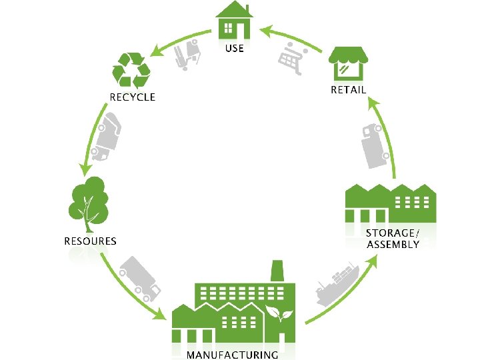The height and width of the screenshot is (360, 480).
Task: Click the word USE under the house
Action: click(235, 48)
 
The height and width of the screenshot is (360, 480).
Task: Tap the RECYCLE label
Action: click(132, 97)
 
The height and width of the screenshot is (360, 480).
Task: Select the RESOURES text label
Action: click(90, 241)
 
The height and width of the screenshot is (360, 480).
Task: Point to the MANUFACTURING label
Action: click(232, 355)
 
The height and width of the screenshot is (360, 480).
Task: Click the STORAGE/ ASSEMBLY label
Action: click(393, 239)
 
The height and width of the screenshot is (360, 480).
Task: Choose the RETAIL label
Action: click(349, 90)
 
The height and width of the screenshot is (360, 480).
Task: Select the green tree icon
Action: click(87, 199)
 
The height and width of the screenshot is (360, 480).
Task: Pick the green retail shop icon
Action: click(349, 63)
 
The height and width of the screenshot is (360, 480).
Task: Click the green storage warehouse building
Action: click(390, 203)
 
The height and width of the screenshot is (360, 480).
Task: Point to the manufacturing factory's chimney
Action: click(278, 271)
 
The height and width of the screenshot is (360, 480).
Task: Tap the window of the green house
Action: click(229, 28)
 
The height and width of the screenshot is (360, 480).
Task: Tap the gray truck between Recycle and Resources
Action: click(106, 137)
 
